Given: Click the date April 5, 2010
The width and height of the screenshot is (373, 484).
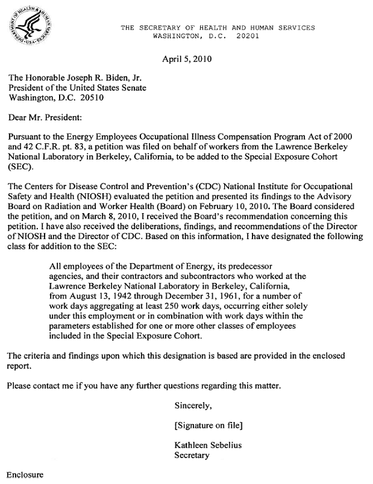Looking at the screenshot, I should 187,59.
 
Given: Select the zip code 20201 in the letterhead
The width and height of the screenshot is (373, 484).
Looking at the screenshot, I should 242,36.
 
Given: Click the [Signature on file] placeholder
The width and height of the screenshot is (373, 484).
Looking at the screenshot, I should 208,425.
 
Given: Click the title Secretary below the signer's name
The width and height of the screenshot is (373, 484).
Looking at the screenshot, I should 191,456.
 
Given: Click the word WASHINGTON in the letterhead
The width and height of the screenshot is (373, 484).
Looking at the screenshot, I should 178,36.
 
